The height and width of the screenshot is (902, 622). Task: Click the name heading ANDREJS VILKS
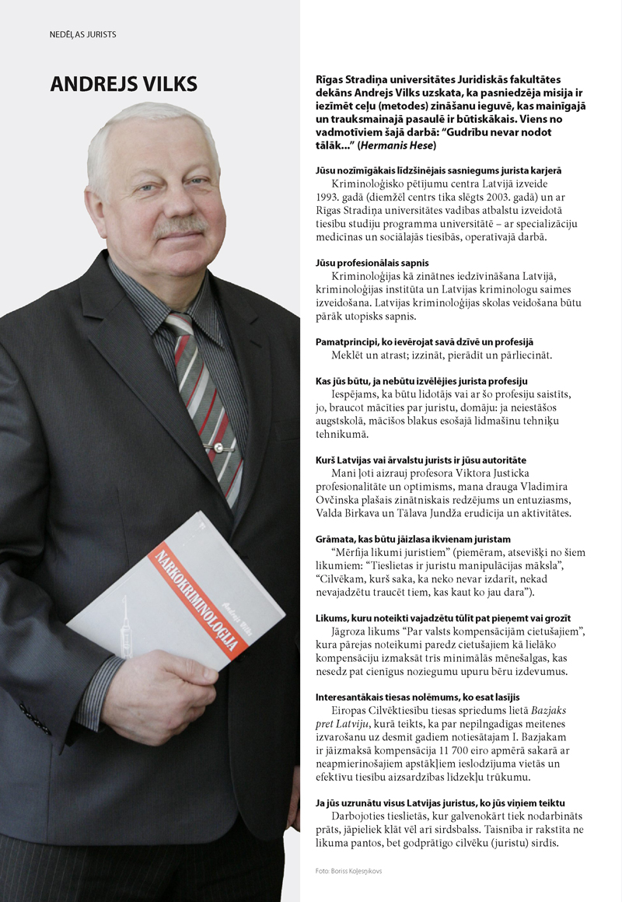124,84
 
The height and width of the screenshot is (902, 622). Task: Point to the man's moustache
180,226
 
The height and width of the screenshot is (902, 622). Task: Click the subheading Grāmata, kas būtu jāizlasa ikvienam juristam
413,538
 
